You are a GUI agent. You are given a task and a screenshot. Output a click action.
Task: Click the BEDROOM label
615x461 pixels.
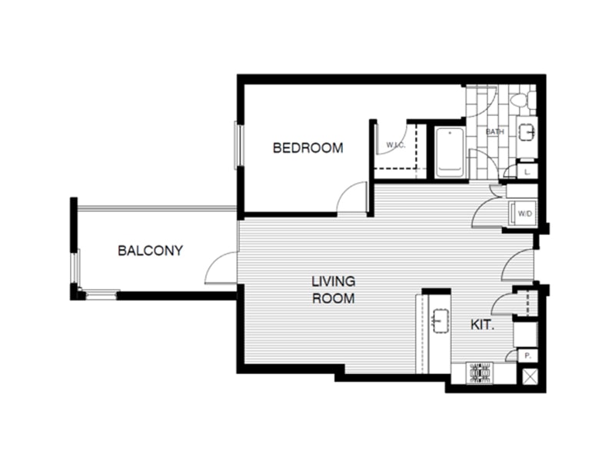pyautogui.click(x=307, y=148)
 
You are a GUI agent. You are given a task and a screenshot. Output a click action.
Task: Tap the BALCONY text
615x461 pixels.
pyautogui.click(x=150, y=250)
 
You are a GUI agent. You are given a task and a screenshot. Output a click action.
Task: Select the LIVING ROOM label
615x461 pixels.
pyautogui.click(x=333, y=290)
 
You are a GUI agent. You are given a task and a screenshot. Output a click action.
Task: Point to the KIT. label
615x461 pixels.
pyautogui.click(x=482, y=325)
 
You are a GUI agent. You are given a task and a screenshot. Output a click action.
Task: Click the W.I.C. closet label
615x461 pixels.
pyautogui.click(x=396, y=144)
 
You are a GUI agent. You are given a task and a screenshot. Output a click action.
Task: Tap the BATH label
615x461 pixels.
pyautogui.click(x=494, y=131)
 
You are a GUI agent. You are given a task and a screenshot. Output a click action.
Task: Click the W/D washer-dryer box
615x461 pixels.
pyautogui.click(x=526, y=213)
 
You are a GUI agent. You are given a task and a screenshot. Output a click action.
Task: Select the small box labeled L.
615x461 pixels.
pyautogui.click(x=527, y=173)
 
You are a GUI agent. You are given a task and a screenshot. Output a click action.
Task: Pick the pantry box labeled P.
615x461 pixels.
pyautogui.click(x=527, y=356)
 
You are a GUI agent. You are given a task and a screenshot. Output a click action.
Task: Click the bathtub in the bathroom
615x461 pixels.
pyautogui.click(x=450, y=152)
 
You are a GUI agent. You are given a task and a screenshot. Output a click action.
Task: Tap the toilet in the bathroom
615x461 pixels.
pyautogui.click(x=520, y=99)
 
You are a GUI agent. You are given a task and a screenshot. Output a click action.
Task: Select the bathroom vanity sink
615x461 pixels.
pyautogui.click(x=527, y=131)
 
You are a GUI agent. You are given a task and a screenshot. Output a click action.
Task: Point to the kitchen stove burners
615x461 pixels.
pyautogui.click(x=480, y=373)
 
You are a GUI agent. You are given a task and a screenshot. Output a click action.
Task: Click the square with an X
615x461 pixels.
pyautogui.click(x=530, y=376)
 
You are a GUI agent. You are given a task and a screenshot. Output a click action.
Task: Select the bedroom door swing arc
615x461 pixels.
pyautogui.click(x=352, y=197)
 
